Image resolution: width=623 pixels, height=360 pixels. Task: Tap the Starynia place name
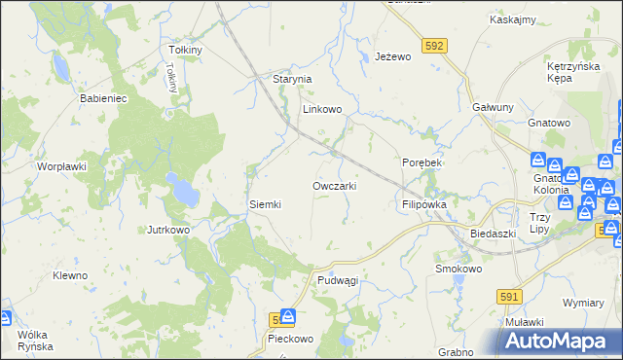click(290, 79)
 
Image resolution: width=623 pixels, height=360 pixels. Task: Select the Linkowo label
click(322, 110)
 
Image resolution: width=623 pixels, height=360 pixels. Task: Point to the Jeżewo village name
click(393, 57)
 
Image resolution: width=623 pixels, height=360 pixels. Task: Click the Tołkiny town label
click(185, 50)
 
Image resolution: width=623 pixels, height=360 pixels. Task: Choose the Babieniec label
click(103, 98)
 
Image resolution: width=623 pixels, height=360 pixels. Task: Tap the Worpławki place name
click(62, 166)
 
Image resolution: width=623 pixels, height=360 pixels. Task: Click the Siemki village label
click(265, 204)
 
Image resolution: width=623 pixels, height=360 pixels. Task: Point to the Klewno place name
click(70, 275)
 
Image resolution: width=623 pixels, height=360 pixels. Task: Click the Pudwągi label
click(338, 280)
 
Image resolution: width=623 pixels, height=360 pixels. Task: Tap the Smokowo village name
click(458, 269)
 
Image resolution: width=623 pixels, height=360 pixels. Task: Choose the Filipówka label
click(423, 205)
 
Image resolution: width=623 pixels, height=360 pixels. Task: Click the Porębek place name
click(421, 162)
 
